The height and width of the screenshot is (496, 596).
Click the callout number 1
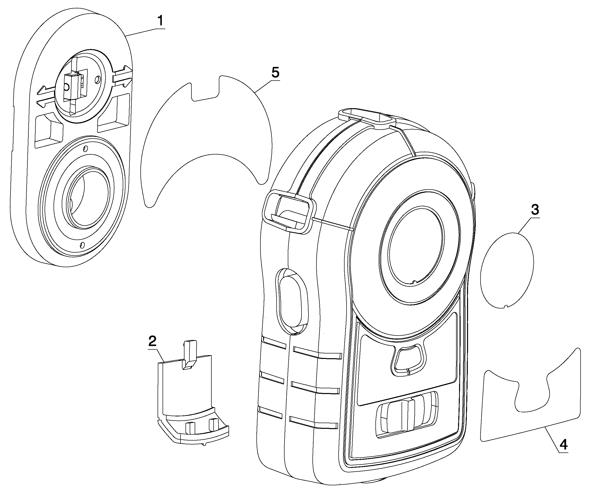coord(161,21)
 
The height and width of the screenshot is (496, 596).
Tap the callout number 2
coord(153,342)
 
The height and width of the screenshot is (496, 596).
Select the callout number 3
coord(535,210)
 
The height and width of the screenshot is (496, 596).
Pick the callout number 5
coord(275,73)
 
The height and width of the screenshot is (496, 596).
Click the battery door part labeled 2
coord(193,393)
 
